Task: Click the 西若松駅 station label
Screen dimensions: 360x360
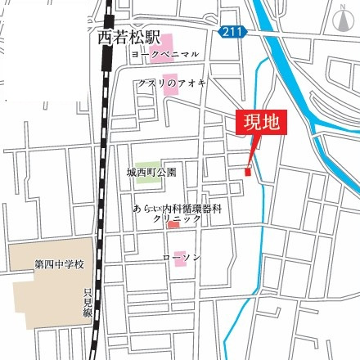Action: [125, 37]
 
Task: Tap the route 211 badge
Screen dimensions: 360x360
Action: [233, 32]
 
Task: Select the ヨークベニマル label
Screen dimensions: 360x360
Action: [164, 54]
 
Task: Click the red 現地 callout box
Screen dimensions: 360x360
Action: [261, 124]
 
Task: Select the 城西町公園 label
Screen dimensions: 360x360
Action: [151, 174]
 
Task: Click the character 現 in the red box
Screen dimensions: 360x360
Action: [250, 124]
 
